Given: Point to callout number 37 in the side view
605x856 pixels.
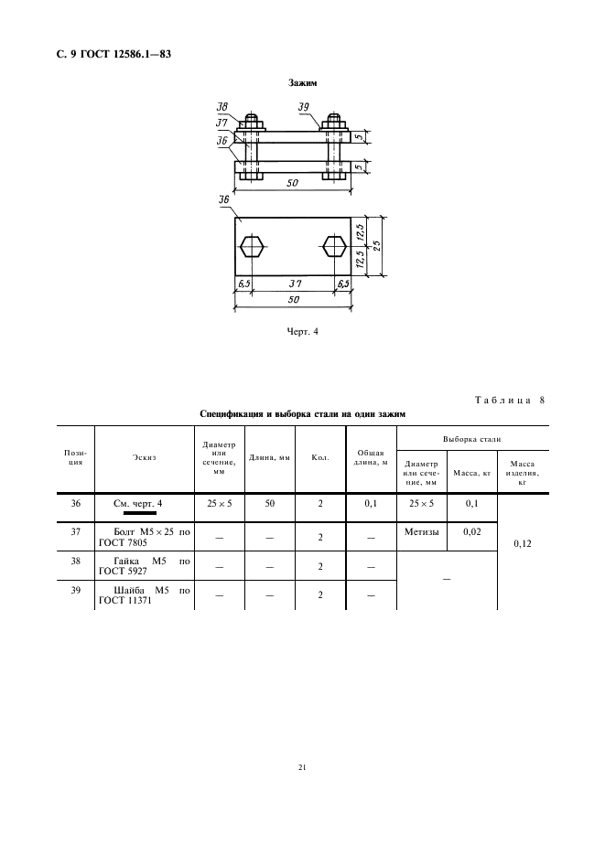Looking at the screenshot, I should click(x=222, y=122).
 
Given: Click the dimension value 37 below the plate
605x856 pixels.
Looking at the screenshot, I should click(x=295, y=284).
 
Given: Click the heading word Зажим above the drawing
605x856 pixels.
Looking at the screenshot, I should click(x=301, y=83).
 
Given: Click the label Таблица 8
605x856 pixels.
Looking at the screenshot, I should click(x=510, y=399).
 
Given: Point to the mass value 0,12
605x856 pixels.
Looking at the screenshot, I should click(x=523, y=543).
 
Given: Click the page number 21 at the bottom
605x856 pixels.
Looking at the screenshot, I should click(x=301, y=767).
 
